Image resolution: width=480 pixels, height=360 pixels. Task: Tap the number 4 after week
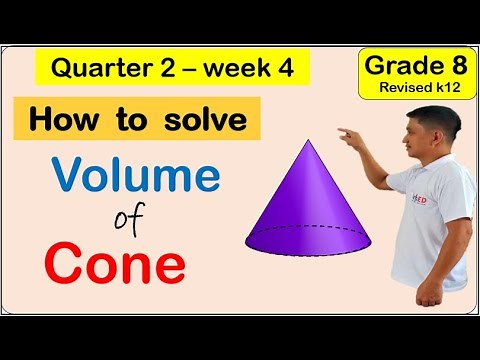290,70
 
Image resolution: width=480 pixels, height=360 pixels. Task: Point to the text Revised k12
425,89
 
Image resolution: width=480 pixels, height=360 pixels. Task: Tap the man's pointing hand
351,134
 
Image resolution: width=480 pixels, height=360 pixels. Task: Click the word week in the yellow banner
245,70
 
